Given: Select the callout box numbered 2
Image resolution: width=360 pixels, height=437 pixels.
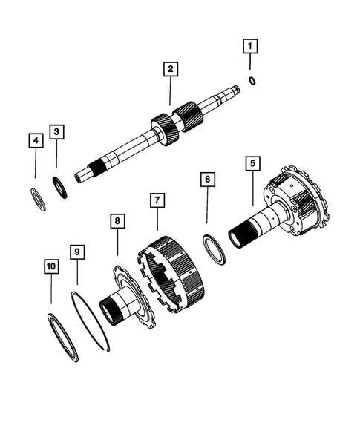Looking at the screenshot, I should pyautogui.click(x=170, y=69).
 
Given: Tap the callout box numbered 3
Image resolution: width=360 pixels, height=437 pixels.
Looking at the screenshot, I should pyautogui.click(x=57, y=132).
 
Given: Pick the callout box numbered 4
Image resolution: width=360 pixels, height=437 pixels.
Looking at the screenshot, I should pyautogui.click(x=35, y=140).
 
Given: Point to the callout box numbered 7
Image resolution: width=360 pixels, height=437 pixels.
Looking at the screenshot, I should pyautogui.click(x=157, y=200).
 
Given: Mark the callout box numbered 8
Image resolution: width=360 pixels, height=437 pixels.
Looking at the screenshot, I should pyautogui.click(x=117, y=221).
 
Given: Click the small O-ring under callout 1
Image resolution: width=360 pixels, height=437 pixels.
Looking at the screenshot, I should pyautogui.click(x=253, y=81).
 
